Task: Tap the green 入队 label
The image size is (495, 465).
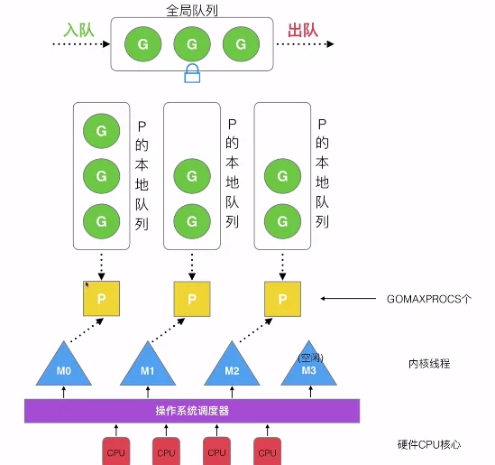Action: click(x=79, y=31)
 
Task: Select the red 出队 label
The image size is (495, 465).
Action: click(x=302, y=31)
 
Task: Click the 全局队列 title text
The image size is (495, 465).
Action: click(x=192, y=11)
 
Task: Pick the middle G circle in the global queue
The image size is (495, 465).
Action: click(x=192, y=44)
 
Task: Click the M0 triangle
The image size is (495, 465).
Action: click(x=64, y=367)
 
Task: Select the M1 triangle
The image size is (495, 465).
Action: click(x=148, y=367)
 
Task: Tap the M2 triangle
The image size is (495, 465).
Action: click(x=232, y=367)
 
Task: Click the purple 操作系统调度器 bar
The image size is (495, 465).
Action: click(x=192, y=411)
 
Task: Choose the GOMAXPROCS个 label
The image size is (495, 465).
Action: click(x=429, y=299)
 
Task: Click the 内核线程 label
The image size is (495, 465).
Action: click(x=429, y=364)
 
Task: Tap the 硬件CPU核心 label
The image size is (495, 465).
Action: click(x=429, y=445)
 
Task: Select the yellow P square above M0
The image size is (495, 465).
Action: click(x=101, y=299)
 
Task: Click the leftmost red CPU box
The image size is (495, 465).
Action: click(x=115, y=451)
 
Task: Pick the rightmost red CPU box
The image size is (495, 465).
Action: click(x=268, y=451)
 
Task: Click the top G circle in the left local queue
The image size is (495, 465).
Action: click(x=101, y=131)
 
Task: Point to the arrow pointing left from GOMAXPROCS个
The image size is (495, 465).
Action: click(x=348, y=298)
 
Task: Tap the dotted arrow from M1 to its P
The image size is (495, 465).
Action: click(x=168, y=330)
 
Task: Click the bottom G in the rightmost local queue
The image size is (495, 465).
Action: click(x=282, y=221)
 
